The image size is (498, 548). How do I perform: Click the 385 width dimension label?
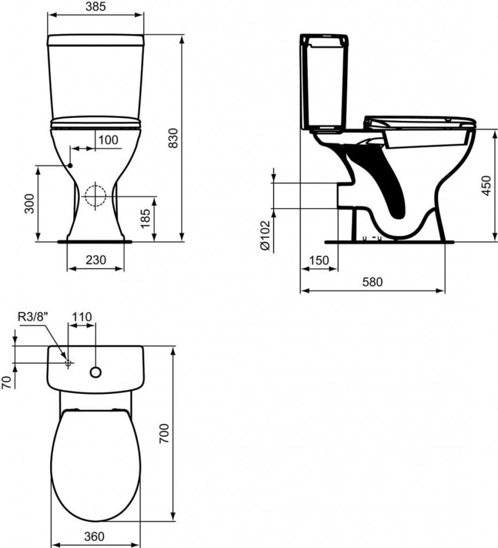(x=96, y=7)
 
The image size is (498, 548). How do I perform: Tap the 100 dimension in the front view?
(x=109, y=140)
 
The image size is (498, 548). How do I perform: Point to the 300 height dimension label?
(x=30, y=204)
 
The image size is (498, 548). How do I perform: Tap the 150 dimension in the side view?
(x=319, y=260)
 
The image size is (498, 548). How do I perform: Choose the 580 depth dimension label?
(x=372, y=282)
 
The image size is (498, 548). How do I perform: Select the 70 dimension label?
(x=6, y=382)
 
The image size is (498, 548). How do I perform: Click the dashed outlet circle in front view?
(x=96, y=195)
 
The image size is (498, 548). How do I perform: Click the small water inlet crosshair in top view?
(x=68, y=363)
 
